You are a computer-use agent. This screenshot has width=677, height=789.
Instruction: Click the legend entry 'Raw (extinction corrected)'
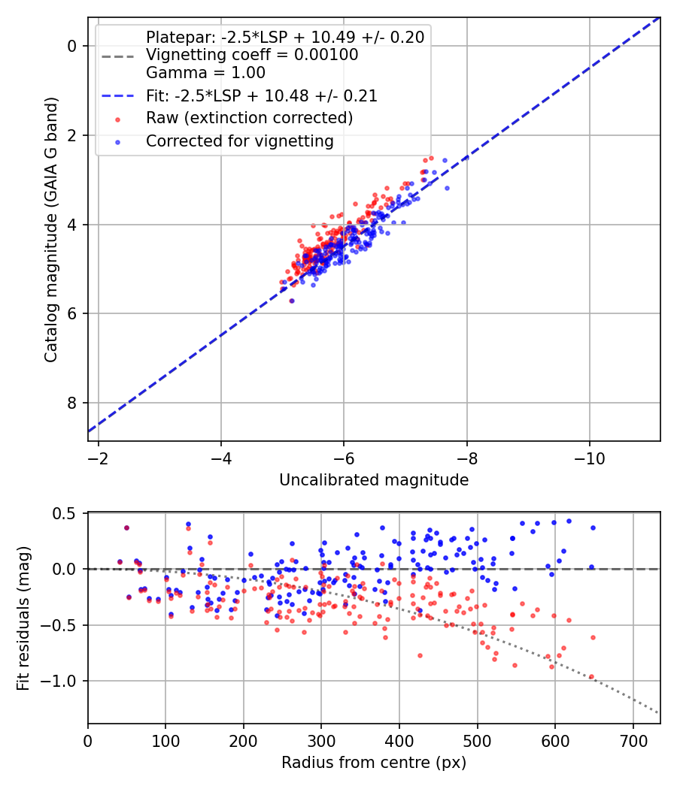click(249, 118)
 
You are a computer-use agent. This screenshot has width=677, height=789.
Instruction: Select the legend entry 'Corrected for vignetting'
click(240, 141)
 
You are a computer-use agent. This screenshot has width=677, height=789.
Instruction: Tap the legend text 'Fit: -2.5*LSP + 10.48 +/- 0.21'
click(261, 95)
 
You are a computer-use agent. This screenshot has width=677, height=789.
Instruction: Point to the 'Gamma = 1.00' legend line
click(205, 73)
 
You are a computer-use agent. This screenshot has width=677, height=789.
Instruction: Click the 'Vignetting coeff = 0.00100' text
click(252, 55)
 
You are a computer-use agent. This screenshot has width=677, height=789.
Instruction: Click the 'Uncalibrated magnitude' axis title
click(374, 480)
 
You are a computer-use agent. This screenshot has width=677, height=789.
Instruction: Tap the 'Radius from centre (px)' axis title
click(374, 763)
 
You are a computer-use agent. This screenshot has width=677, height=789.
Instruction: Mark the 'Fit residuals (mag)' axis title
click(23, 618)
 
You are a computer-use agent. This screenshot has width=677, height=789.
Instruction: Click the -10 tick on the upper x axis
click(589, 457)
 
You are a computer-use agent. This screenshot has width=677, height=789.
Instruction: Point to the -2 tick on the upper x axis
click(98, 457)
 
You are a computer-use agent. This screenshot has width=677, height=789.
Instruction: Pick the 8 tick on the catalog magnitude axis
click(71, 404)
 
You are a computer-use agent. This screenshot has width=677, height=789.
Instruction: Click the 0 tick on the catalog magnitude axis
click(71, 46)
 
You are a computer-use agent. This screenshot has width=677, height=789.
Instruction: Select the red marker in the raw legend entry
click(117, 119)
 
